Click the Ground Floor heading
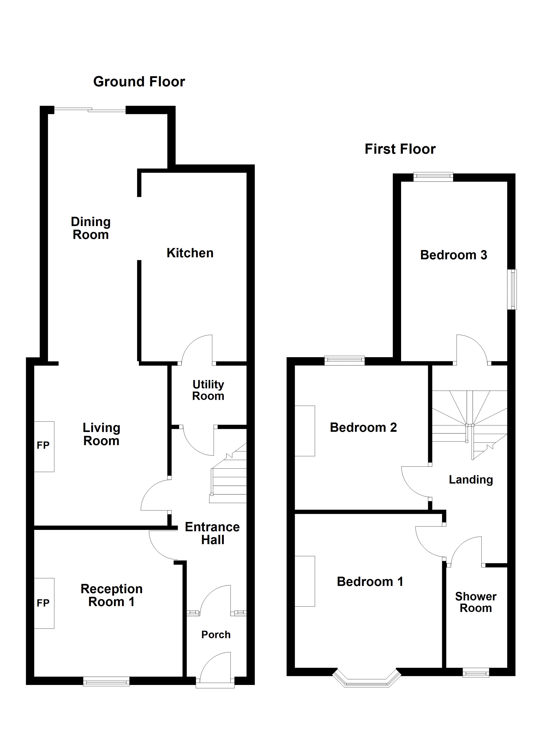pos(139,82)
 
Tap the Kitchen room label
pos(190,253)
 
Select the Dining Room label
pos(91,228)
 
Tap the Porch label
pos(216,635)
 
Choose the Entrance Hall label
pos(212,533)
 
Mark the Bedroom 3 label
pos(453,255)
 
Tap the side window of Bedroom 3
pos(512,289)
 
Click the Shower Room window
pos(476,673)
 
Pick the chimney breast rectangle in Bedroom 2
pos(305,431)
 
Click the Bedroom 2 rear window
pos(344,361)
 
